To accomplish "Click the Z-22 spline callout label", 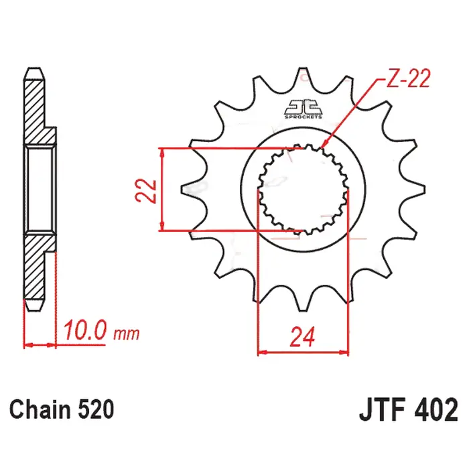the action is (409, 78).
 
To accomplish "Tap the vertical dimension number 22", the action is (146, 191).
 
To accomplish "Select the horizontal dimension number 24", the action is (303, 337).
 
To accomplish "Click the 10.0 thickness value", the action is (85, 330).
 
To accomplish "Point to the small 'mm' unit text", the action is (126, 334).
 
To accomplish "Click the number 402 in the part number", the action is (436, 410).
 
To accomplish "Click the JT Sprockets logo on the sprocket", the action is (303, 109).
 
